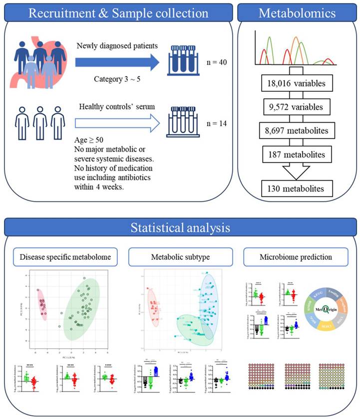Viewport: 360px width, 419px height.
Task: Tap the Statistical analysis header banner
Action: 180,228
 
